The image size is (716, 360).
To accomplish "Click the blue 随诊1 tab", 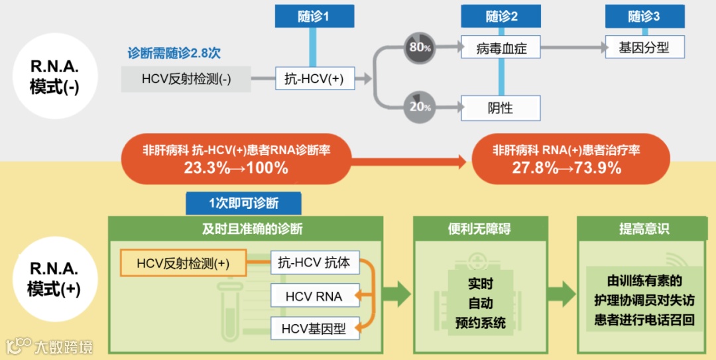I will tap(314, 16).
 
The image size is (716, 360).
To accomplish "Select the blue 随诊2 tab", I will tap(501, 16).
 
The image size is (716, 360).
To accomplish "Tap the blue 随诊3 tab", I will tap(644, 16).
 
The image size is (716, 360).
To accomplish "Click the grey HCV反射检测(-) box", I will tap(186, 79).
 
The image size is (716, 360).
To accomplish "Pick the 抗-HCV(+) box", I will tap(315, 78).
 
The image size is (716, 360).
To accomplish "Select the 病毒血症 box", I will tap(501, 48).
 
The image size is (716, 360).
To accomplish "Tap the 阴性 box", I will tap(501, 107).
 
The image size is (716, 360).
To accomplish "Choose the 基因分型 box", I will tap(644, 47).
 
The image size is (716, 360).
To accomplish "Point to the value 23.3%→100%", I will tap(236, 168).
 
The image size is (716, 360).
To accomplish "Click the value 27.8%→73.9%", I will tap(566, 168).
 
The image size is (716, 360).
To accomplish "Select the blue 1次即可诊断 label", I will tap(243, 203).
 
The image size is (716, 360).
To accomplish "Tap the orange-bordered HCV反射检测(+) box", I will tap(183, 263).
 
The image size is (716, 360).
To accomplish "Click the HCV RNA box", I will tap(314, 296).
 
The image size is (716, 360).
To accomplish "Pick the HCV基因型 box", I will tap(314, 328).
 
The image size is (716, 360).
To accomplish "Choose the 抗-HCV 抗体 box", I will tap(314, 263).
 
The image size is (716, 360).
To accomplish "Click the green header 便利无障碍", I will tap(479, 229).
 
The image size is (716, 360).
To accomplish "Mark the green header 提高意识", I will tap(644, 229).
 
